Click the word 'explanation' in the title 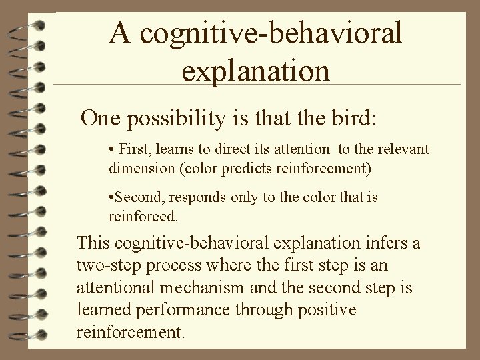[x=255, y=70]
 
